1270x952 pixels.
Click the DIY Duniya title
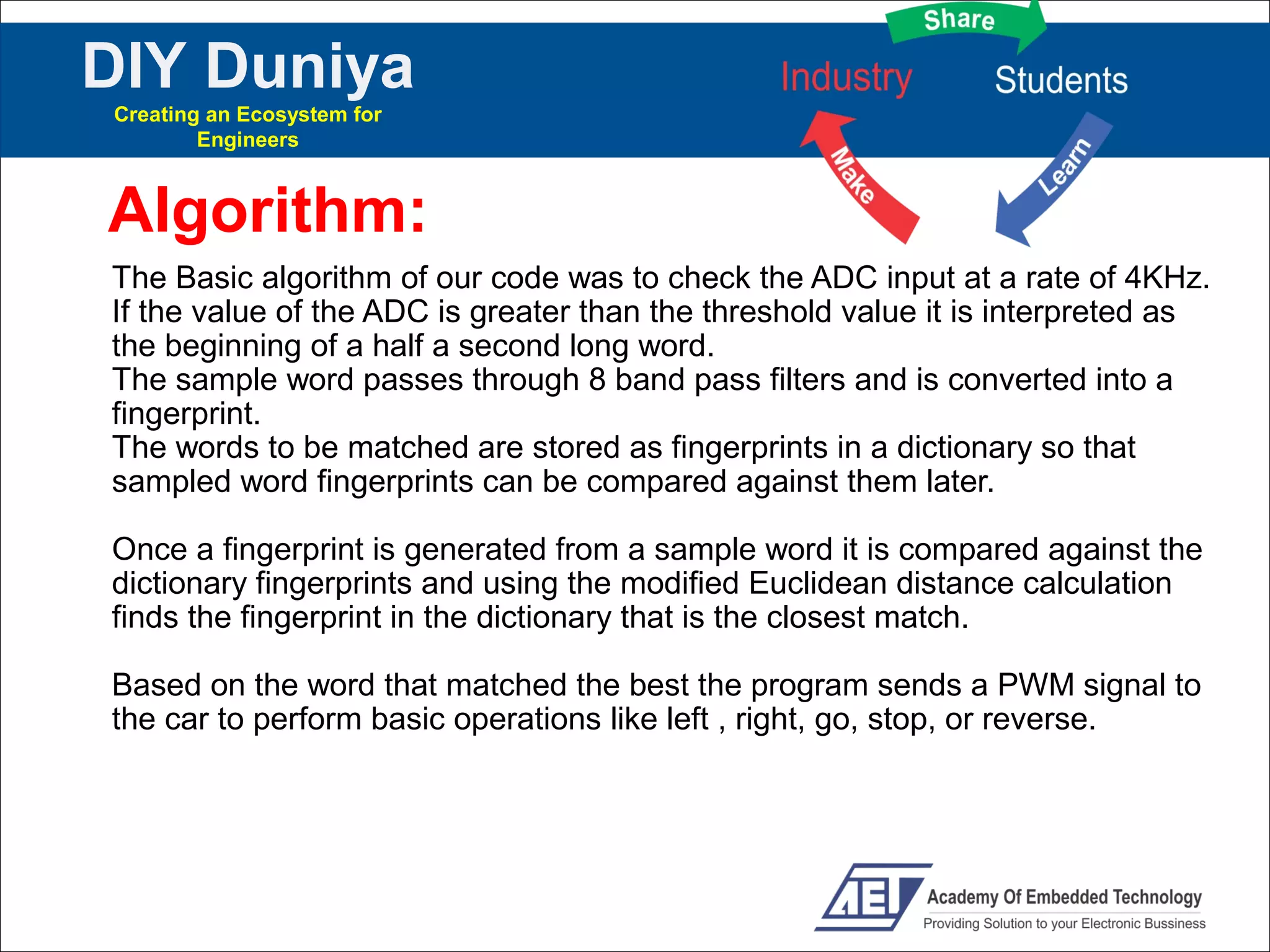(x=247, y=66)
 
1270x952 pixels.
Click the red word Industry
(x=846, y=78)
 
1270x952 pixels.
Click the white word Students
(x=1061, y=81)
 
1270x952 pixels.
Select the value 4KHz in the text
(x=1166, y=278)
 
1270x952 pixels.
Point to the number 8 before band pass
(x=597, y=380)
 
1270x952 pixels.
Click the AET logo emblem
(x=871, y=896)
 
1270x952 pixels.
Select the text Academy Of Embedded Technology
(x=1064, y=897)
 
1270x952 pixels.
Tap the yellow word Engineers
(x=247, y=140)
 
